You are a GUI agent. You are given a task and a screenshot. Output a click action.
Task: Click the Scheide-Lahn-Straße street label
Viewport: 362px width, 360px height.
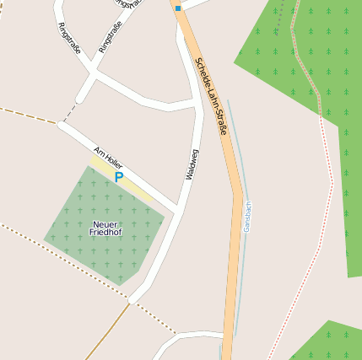211,96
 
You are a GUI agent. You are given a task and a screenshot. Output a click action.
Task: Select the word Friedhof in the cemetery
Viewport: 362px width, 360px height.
105,231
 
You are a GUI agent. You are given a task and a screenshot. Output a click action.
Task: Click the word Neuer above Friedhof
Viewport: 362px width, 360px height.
105,223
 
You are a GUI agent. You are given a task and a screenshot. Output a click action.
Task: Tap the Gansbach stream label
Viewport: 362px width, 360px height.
247,216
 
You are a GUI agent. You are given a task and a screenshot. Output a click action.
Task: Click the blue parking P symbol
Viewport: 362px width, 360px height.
119,177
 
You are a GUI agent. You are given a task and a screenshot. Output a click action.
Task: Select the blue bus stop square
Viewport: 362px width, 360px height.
178,8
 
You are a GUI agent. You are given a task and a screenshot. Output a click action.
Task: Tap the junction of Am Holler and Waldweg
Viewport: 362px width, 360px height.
176,208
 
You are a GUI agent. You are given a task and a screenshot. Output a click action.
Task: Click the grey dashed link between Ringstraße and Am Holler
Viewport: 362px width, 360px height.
69,111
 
